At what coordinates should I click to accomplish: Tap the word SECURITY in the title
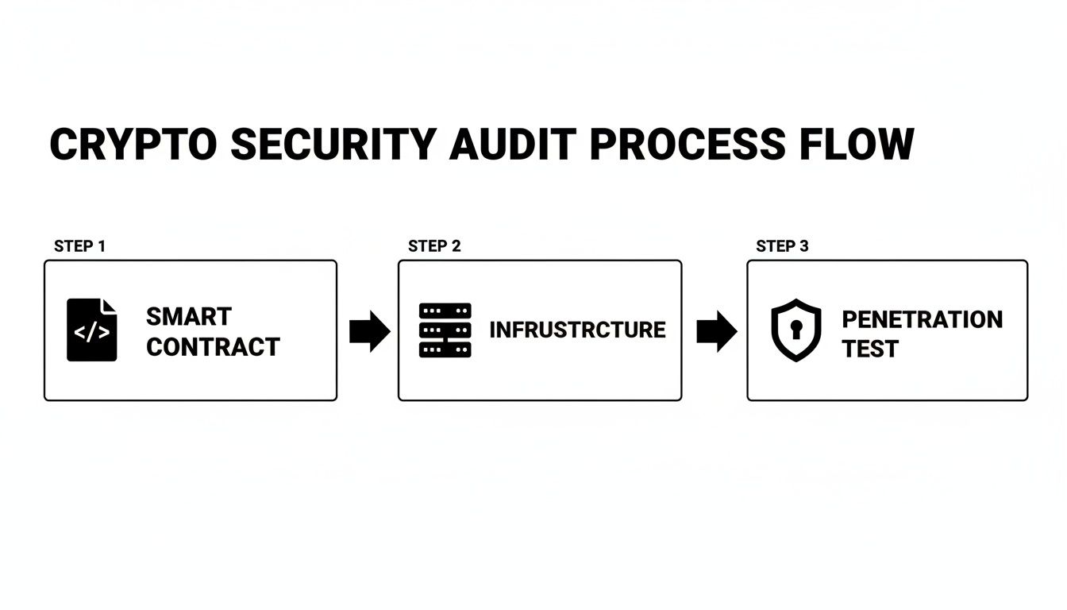(333, 145)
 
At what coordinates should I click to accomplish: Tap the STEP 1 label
(79, 246)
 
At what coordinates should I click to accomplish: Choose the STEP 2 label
(434, 246)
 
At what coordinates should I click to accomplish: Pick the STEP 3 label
(782, 246)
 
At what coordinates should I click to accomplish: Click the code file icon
(91, 330)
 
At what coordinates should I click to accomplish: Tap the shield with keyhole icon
(796, 330)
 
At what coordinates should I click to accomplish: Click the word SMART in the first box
(188, 316)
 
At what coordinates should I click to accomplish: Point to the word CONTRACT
(213, 346)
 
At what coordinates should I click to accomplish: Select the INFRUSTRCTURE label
(577, 330)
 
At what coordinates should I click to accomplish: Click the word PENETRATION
(922, 319)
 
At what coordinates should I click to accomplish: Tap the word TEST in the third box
(870, 349)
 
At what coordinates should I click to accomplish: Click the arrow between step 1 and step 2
(369, 331)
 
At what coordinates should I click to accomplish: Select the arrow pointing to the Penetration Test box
(716, 331)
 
